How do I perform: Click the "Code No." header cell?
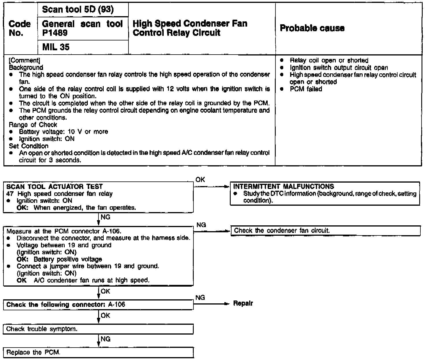tap(20, 28)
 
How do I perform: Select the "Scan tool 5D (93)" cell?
tap(78, 10)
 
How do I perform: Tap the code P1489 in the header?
tap(55, 33)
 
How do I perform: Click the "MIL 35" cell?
tap(56, 47)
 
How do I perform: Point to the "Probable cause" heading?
tap(312, 28)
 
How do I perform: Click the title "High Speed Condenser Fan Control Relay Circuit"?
tap(190, 28)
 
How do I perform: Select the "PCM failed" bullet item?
tap(306, 89)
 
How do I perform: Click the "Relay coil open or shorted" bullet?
tap(329, 60)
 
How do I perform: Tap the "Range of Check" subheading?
tap(33, 125)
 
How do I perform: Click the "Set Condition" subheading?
tap(29, 146)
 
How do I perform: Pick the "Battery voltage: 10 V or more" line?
tap(63, 132)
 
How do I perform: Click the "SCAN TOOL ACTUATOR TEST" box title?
tap(55, 187)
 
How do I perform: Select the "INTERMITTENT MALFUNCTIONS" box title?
tap(284, 187)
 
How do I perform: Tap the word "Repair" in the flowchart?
tap(243, 303)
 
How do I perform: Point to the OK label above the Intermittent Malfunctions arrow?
tap(200, 180)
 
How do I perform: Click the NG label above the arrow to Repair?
tap(200, 297)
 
